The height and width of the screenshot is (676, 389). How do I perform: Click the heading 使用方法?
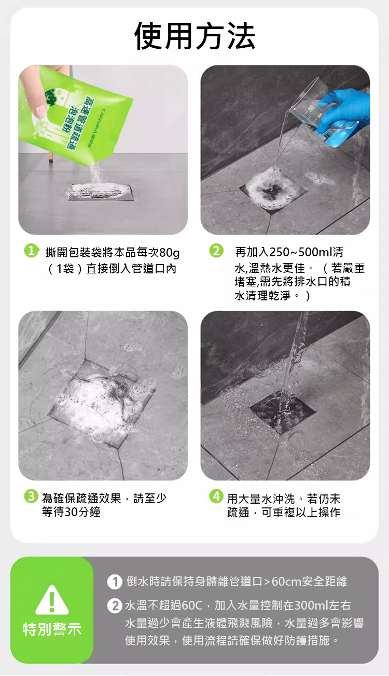pos(195,36)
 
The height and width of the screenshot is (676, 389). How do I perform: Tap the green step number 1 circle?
pos(31,251)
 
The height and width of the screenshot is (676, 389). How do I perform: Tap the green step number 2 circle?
pos(216,251)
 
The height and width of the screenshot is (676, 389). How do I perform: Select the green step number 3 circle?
pos(31,496)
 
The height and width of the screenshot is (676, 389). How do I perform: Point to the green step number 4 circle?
pos(216,496)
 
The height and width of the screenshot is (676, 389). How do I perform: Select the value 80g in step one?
pos(169,253)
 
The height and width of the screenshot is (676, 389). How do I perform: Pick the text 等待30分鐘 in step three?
pos(71,512)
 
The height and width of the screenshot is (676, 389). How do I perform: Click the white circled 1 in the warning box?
pos(115,582)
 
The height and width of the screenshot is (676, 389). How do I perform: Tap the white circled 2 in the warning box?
pos(115,605)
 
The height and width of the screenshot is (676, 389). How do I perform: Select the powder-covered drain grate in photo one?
pos(100,192)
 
